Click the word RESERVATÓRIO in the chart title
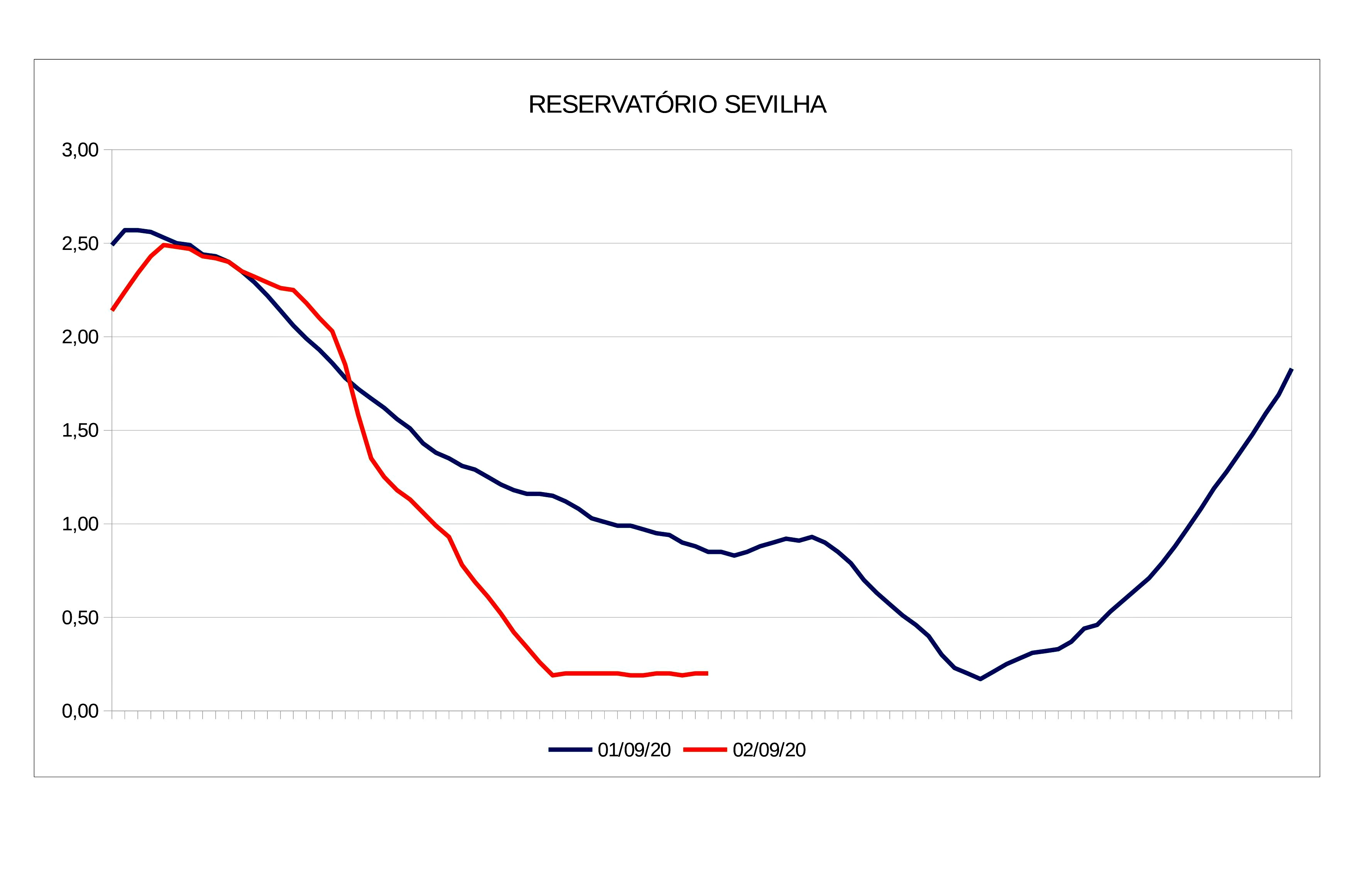(623, 105)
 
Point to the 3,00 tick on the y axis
(80, 150)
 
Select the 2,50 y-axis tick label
(80, 244)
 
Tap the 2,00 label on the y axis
(80, 337)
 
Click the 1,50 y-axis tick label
(80, 430)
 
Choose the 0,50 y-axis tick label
(80, 618)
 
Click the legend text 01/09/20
(634, 750)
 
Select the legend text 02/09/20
(769, 750)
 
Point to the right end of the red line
(707, 673)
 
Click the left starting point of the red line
(112, 310)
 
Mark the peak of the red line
(164, 245)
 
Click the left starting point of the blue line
(112, 245)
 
